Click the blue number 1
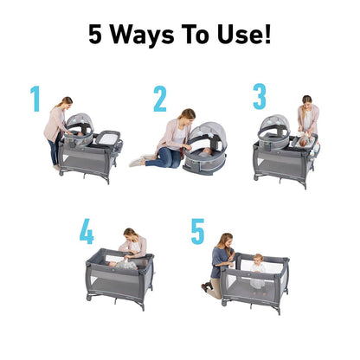[35, 99]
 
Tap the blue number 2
[160, 99]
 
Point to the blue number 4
[87, 231]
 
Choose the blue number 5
[198, 232]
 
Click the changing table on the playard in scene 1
[111, 135]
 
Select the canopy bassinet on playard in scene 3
[275, 131]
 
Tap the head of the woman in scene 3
[305, 101]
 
